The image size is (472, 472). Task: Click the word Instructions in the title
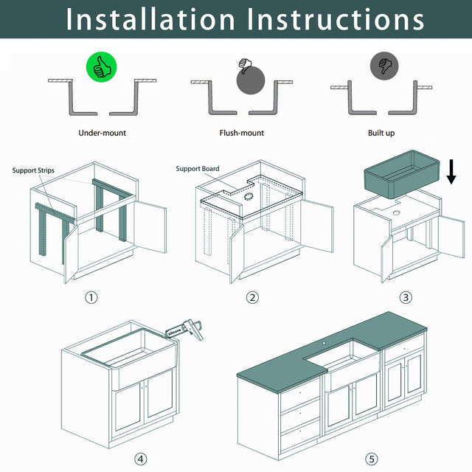[x=336, y=19]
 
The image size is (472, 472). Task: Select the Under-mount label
[x=103, y=133]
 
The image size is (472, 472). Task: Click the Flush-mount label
[x=242, y=133]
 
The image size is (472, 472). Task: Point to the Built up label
[x=381, y=133]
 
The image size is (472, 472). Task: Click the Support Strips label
[x=33, y=170]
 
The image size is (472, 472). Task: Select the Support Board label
[x=197, y=169]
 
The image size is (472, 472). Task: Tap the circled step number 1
[x=91, y=298]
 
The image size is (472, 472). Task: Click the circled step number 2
[x=252, y=298]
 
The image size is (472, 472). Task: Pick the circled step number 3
[x=406, y=298]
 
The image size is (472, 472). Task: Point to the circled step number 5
[x=372, y=459]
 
